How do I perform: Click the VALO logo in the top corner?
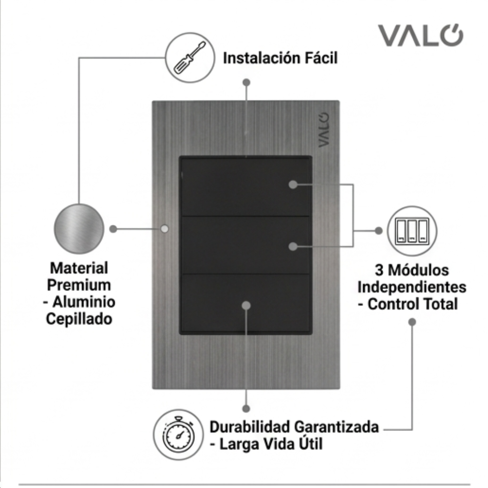[421, 35]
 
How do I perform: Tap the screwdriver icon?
[190, 58]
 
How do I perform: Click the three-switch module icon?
[412, 231]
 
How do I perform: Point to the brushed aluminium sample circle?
[79, 229]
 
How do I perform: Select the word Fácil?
[321, 58]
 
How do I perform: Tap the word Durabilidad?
[249, 427]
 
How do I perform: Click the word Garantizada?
[336, 427]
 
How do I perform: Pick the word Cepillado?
[79, 319]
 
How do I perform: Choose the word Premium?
[79, 285]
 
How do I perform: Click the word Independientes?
[412, 287]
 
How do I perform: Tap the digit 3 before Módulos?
[379, 270]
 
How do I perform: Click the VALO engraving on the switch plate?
[324, 130]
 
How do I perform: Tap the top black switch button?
[245, 187]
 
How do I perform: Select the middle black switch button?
[245, 245]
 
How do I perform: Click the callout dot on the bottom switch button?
[246, 305]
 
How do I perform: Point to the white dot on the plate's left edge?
[164, 229]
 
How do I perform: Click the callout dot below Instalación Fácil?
[246, 82]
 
